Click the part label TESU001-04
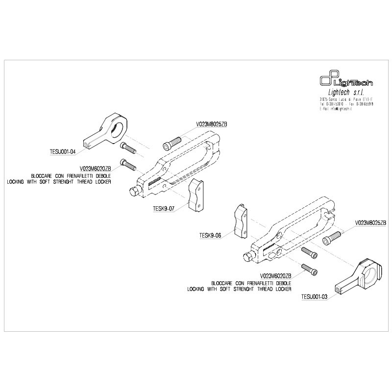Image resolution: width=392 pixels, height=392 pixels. click(x=63, y=151)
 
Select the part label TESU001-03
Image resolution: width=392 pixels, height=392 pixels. click(x=314, y=296)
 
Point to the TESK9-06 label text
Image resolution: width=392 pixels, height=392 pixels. click(x=211, y=235)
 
